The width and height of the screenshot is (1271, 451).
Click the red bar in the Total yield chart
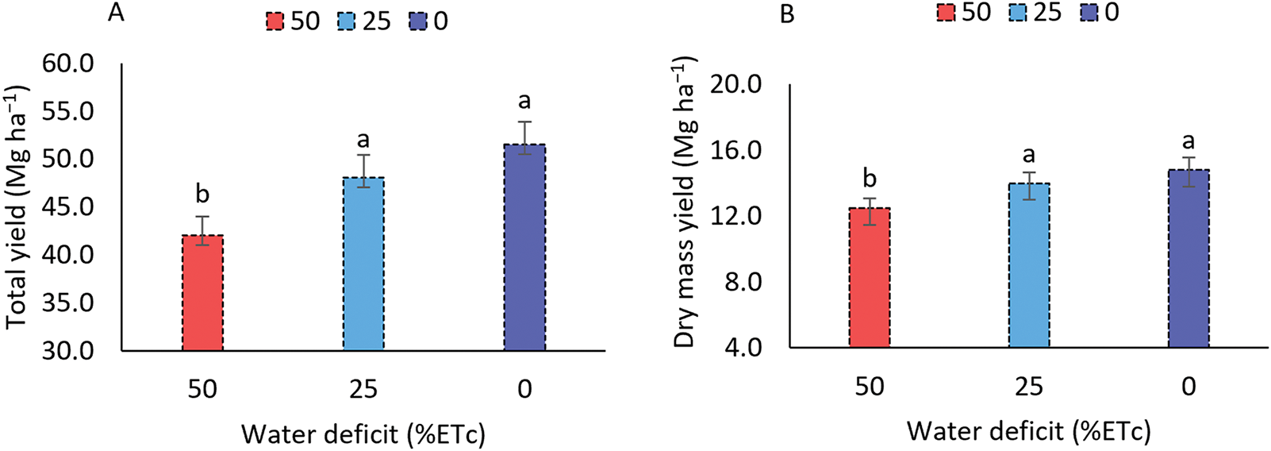[x=203, y=293]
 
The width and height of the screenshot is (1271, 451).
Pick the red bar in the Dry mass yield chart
[x=870, y=278]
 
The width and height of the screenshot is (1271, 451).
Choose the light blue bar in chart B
[x=1029, y=265]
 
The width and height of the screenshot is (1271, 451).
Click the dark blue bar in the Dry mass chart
[x=1188, y=259]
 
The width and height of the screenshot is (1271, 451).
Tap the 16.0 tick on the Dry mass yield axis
[x=737, y=150]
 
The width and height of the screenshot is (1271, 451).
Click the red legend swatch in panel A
[x=275, y=21]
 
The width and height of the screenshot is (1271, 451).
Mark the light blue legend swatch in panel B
[x=1017, y=13]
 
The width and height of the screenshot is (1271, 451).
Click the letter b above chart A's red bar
[x=202, y=194]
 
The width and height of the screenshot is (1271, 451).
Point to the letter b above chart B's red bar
[x=870, y=179]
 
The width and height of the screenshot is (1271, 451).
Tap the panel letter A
[x=116, y=13]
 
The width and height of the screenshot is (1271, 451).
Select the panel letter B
[x=787, y=15]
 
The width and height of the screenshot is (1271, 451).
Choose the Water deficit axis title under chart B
[x=1028, y=431]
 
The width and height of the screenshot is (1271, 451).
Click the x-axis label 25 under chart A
[x=363, y=389]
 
